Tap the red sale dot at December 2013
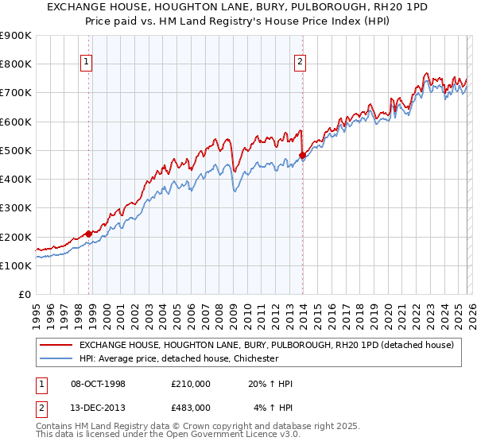pos(302,155)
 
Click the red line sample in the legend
pos(56,345)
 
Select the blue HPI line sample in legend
pos(56,358)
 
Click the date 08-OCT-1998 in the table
pos(99,384)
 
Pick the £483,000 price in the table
pos(190,408)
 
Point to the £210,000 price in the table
pos(190,384)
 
